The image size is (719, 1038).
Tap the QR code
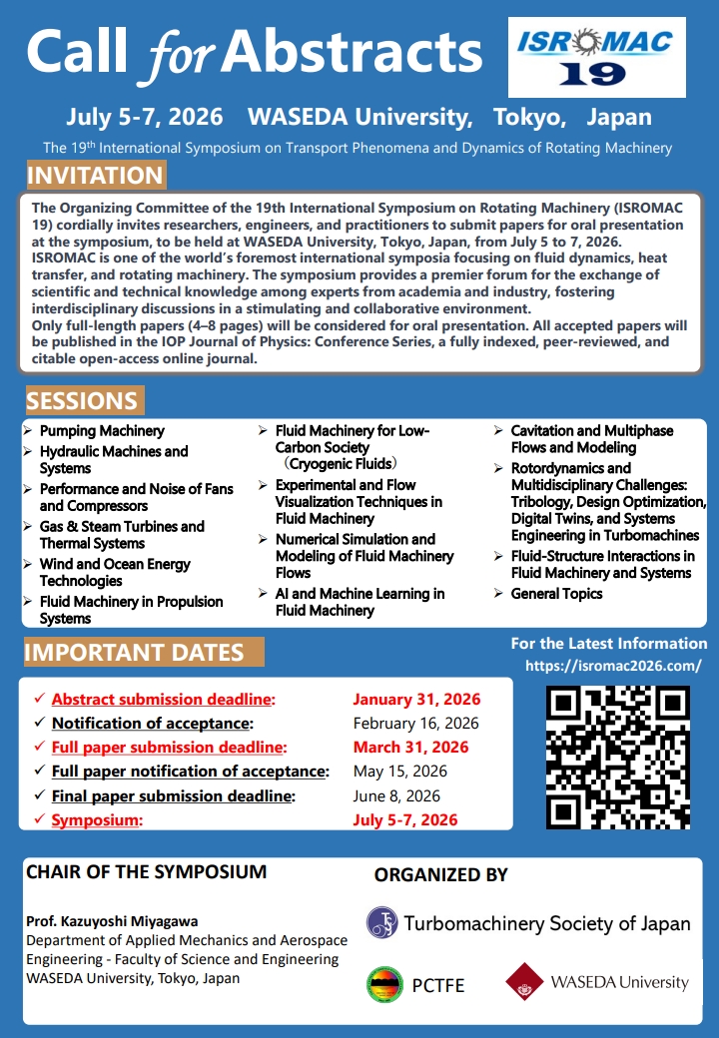coord(617,757)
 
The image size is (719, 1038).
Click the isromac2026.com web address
coord(612,666)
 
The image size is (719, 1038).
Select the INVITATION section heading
coord(95,177)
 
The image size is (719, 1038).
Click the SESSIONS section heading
coord(83,401)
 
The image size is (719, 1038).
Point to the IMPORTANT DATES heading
coord(135,653)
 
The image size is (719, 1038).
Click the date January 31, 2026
coord(416,700)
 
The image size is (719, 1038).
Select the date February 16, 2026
coord(415,724)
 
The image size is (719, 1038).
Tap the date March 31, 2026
coord(410,748)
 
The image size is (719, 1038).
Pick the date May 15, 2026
coord(399,772)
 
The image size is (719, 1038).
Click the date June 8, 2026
coord(396,795)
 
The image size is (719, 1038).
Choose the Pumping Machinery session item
coord(102,431)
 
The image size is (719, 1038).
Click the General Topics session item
coord(556,594)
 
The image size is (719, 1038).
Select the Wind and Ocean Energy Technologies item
coord(115,573)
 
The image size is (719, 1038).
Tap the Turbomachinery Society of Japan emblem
coord(382,922)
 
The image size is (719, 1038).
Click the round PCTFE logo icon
coord(384,984)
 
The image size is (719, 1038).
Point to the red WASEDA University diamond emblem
coord(523,982)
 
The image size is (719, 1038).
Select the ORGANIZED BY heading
coord(440,875)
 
